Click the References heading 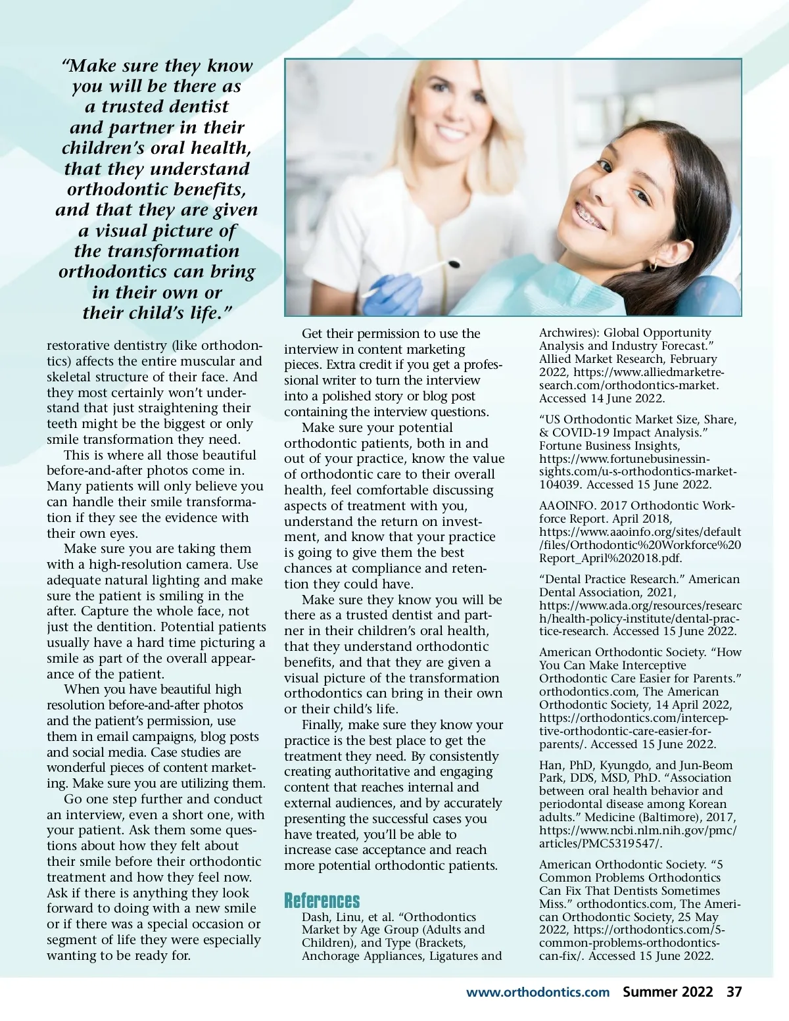322,900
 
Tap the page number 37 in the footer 734,991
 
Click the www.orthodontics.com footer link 538,992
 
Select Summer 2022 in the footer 667,991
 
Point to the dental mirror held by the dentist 452,264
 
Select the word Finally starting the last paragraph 322,724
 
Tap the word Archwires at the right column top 567,333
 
